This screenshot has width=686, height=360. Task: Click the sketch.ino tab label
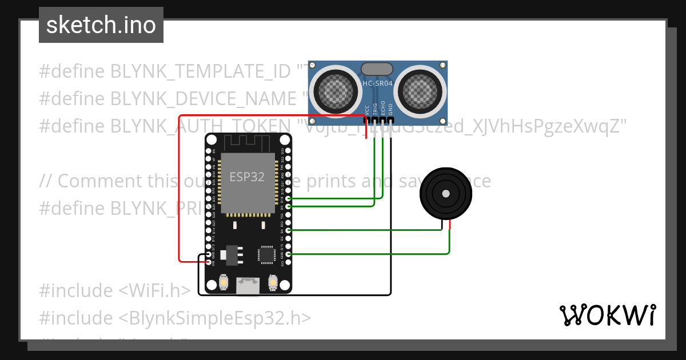(101, 25)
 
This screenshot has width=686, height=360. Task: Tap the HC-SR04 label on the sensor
(377, 85)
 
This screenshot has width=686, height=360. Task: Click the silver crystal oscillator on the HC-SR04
(377, 69)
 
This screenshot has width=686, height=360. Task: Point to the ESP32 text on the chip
(247, 177)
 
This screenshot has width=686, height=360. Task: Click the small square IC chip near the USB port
(266, 254)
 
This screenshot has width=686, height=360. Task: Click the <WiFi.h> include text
(154, 291)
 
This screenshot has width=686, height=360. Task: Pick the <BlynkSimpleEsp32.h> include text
(215, 318)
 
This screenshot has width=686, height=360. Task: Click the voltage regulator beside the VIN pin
(232, 255)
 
